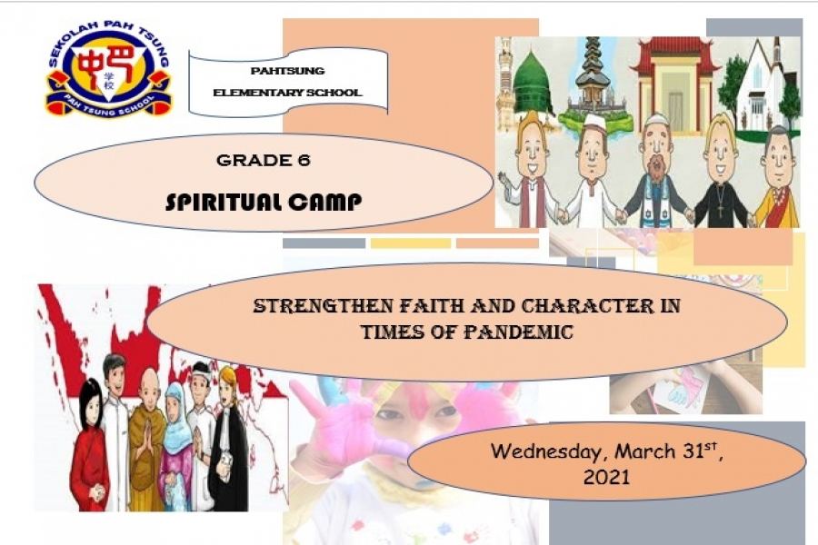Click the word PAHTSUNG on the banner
287,71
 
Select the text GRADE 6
264,160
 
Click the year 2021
606,477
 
